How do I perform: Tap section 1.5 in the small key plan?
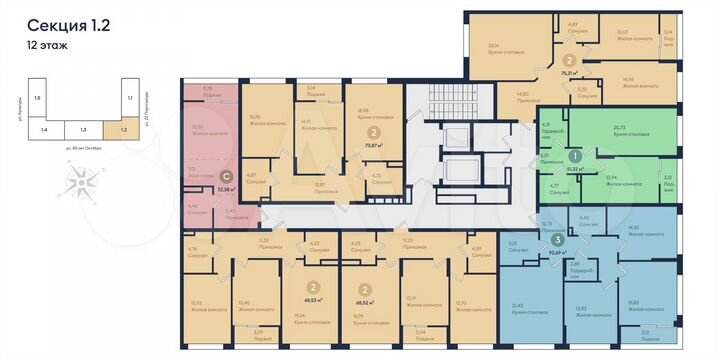(x=37, y=99)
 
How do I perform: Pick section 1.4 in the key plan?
(x=44, y=129)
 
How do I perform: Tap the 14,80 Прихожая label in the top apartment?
(x=516, y=95)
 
